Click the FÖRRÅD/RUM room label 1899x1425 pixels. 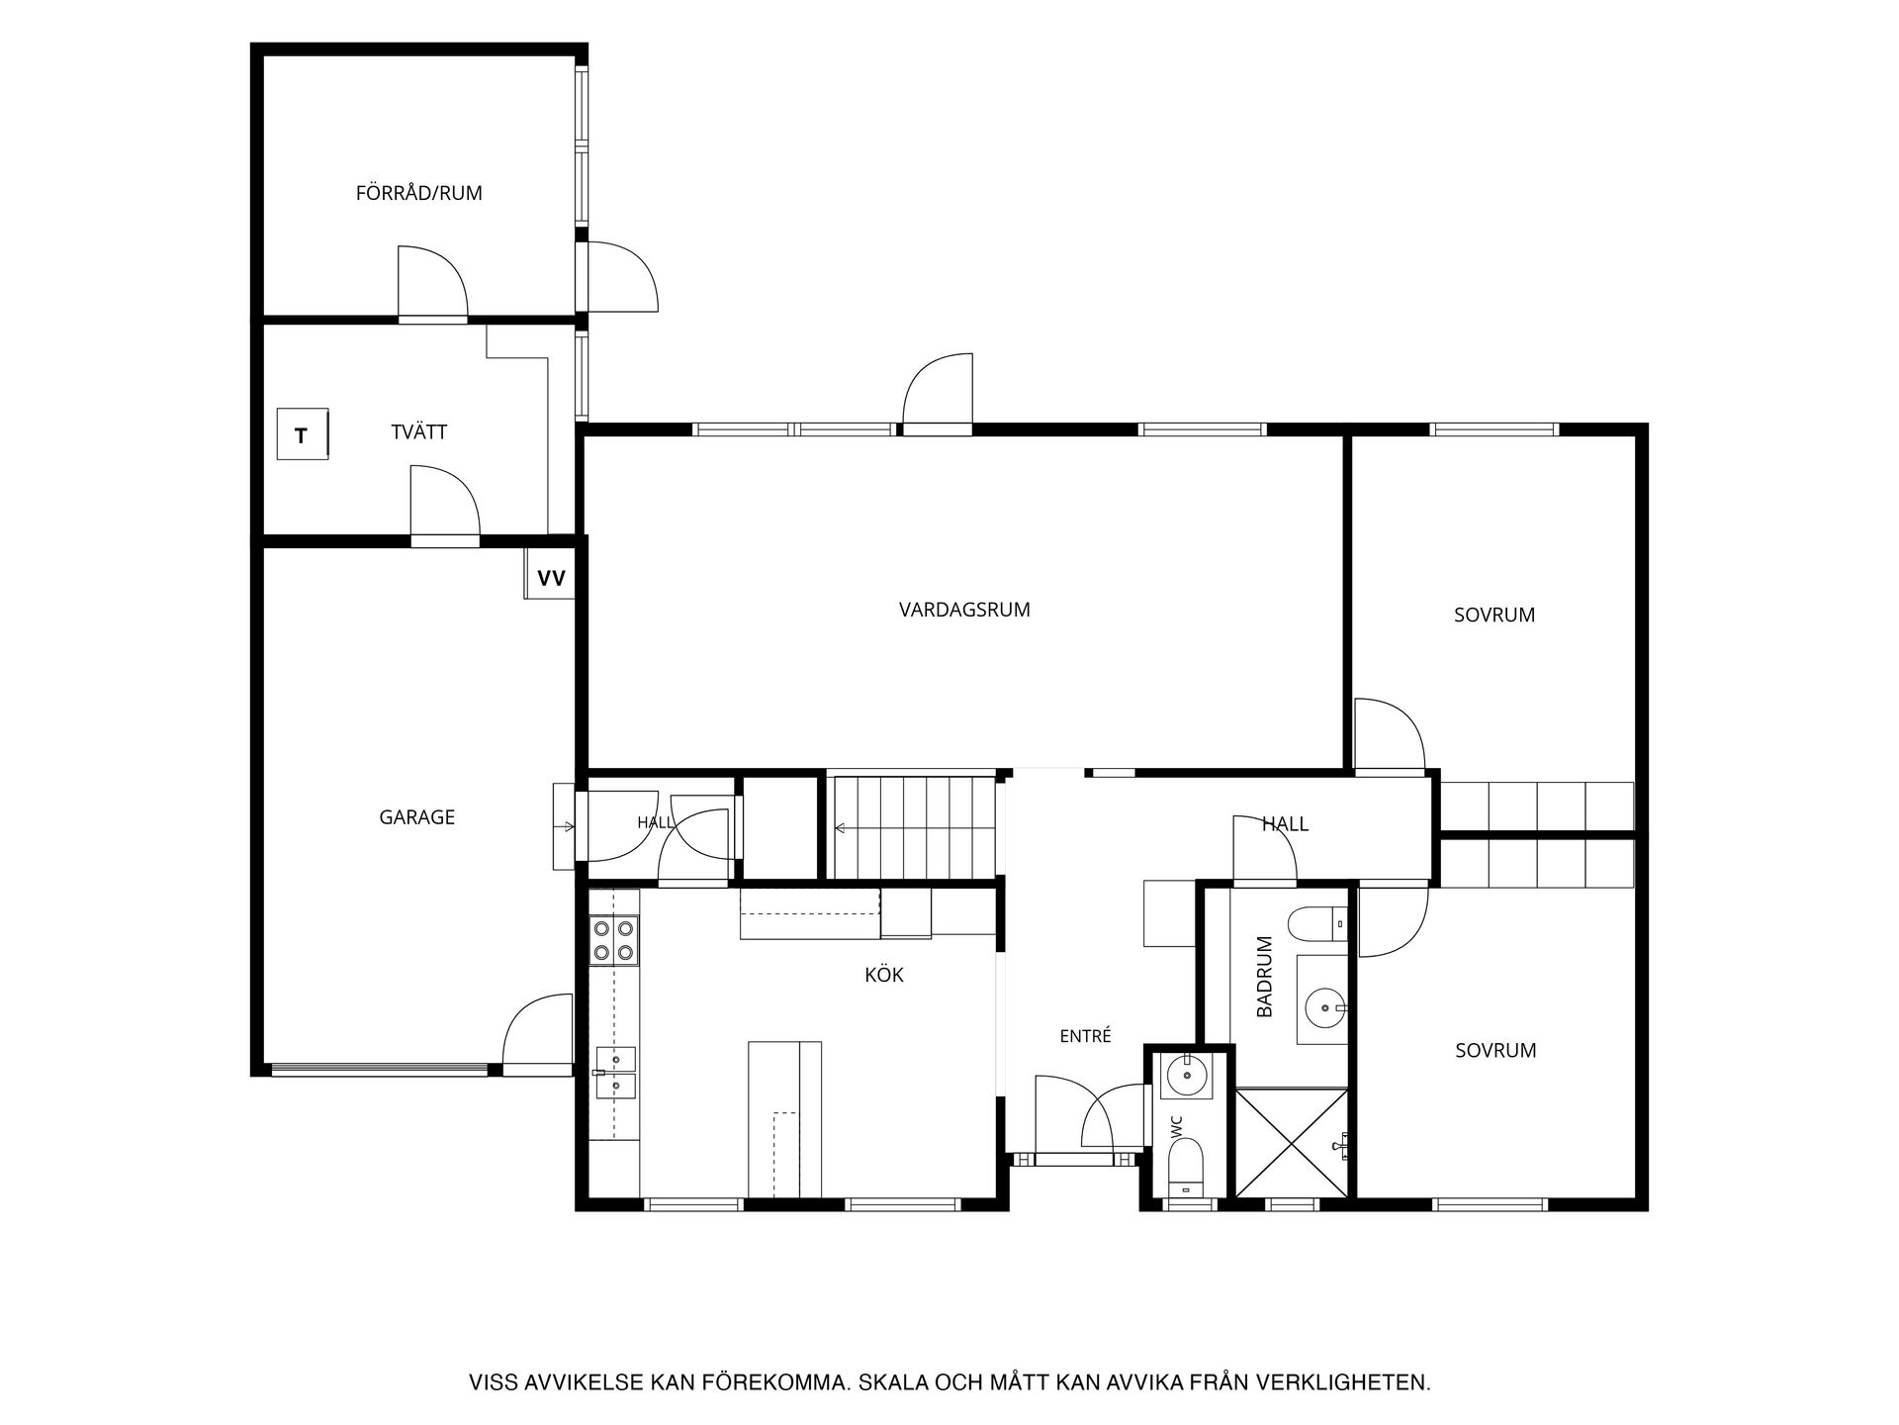tap(419, 193)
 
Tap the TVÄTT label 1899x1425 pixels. tap(419, 432)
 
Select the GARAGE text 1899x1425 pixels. tap(417, 817)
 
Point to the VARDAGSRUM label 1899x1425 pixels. tap(964, 610)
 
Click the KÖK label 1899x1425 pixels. tap(884, 975)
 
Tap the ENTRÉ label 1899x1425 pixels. tap(1086, 1036)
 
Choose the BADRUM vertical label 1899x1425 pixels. tap(1265, 977)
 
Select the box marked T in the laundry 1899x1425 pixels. tap(302, 434)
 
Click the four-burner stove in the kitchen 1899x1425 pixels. tap(613, 940)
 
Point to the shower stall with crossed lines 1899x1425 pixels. tap(1292, 1143)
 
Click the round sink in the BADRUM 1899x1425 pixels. tap(1323, 1009)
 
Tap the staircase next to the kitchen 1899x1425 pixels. tap(913, 827)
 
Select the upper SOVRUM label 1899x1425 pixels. tap(1494, 615)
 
